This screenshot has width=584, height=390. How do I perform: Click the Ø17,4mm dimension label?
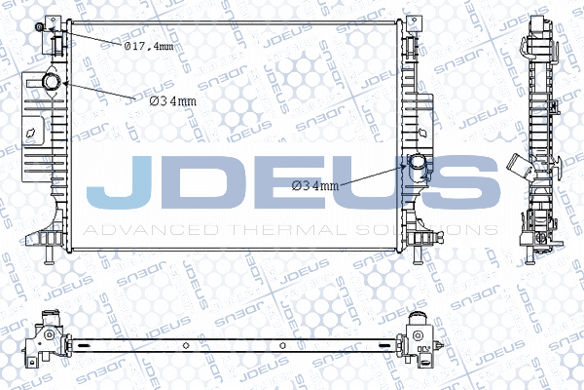(x=149, y=46)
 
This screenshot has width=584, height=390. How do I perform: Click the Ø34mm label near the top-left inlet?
(x=173, y=101)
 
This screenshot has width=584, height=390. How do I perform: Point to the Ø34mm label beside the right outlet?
(x=315, y=185)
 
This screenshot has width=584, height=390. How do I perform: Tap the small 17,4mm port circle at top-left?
(x=39, y=26)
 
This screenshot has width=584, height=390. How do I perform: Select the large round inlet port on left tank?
(x=52, y=82)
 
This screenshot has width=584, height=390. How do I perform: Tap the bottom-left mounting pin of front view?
(x=49, y=255)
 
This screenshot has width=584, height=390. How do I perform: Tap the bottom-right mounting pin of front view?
(x=418, y=255)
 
